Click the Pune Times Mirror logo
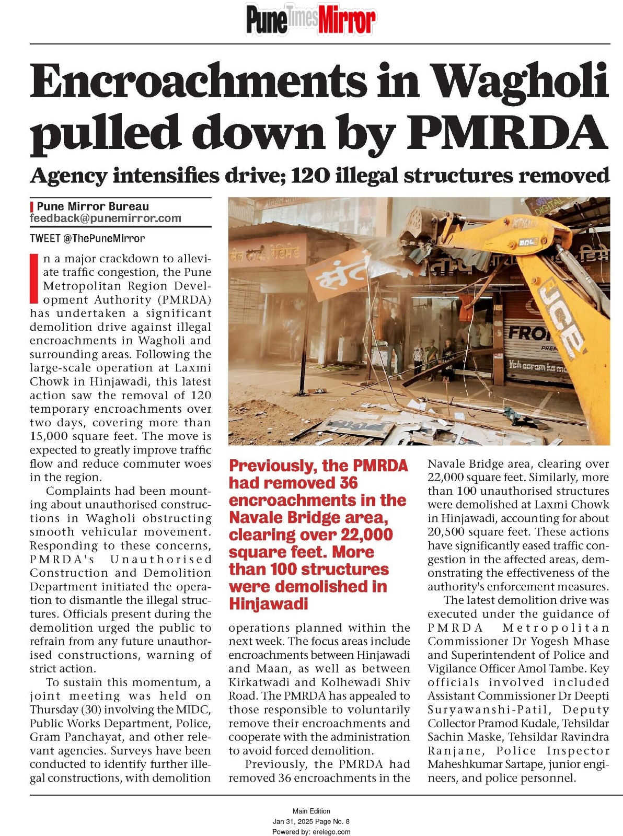(310, 20)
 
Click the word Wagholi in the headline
(521, 82)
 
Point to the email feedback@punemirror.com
(106, 218)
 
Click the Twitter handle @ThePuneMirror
(103, 238)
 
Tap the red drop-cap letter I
(34, 278)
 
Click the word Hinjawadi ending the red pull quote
(268, 603)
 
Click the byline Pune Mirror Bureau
(93, 206)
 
